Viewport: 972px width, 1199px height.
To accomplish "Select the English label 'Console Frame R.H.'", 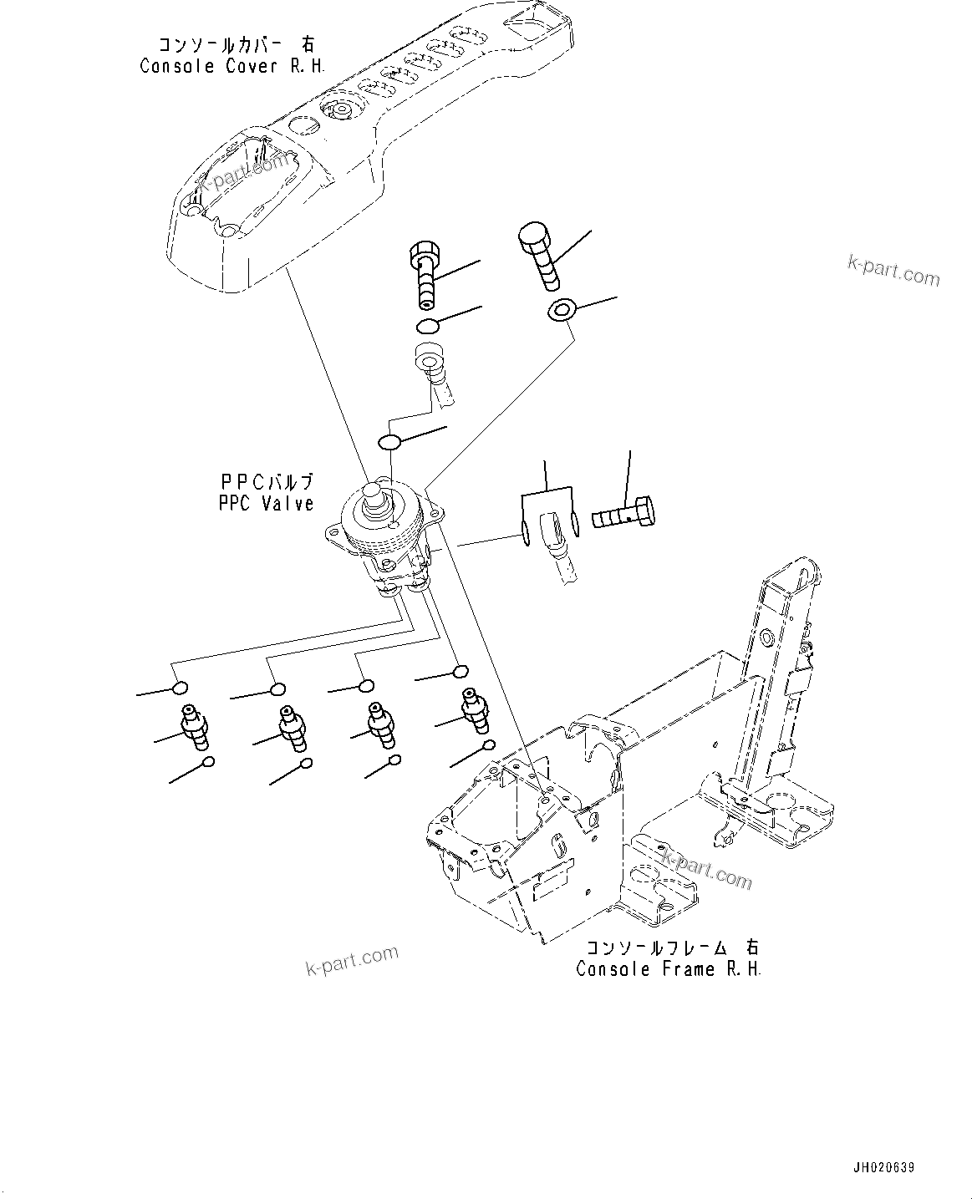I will (669, 968).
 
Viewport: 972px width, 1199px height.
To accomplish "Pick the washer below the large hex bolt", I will (562, 312).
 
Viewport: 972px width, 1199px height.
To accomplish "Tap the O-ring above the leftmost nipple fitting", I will (178, 688).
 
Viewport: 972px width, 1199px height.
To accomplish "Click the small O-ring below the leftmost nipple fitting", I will (208, 761).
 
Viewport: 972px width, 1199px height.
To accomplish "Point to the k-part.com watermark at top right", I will (893, 271).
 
